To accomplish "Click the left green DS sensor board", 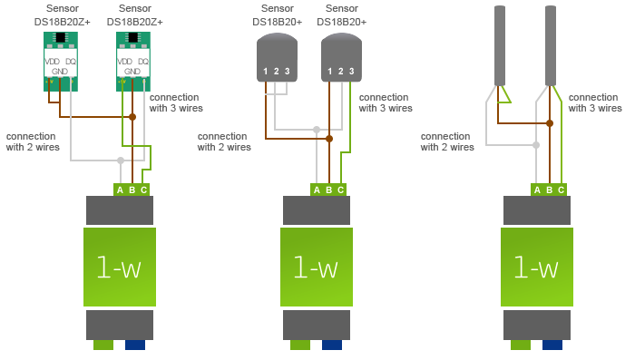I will (61, 62).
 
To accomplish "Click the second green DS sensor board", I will (133, 62).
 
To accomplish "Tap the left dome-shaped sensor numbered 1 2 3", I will (277, 59).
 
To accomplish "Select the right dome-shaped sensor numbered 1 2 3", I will (341, 59).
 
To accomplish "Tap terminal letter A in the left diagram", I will (120, 190).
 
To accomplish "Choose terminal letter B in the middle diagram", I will (328, 190).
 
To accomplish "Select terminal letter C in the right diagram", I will (561, 190).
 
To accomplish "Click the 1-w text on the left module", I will (119, 268).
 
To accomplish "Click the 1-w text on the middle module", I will (316, 268).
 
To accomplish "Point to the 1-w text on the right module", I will (536, 268).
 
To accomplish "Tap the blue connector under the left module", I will (135, 345).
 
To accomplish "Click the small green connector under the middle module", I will (300, 345).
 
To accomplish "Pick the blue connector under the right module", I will (552, 345).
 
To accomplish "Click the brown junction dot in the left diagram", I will (132, 117).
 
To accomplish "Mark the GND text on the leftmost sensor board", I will (60, 71).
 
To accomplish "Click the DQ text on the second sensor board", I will (144, 61).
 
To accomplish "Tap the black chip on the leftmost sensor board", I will (61, 37).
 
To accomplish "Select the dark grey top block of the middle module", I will (316, 210).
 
